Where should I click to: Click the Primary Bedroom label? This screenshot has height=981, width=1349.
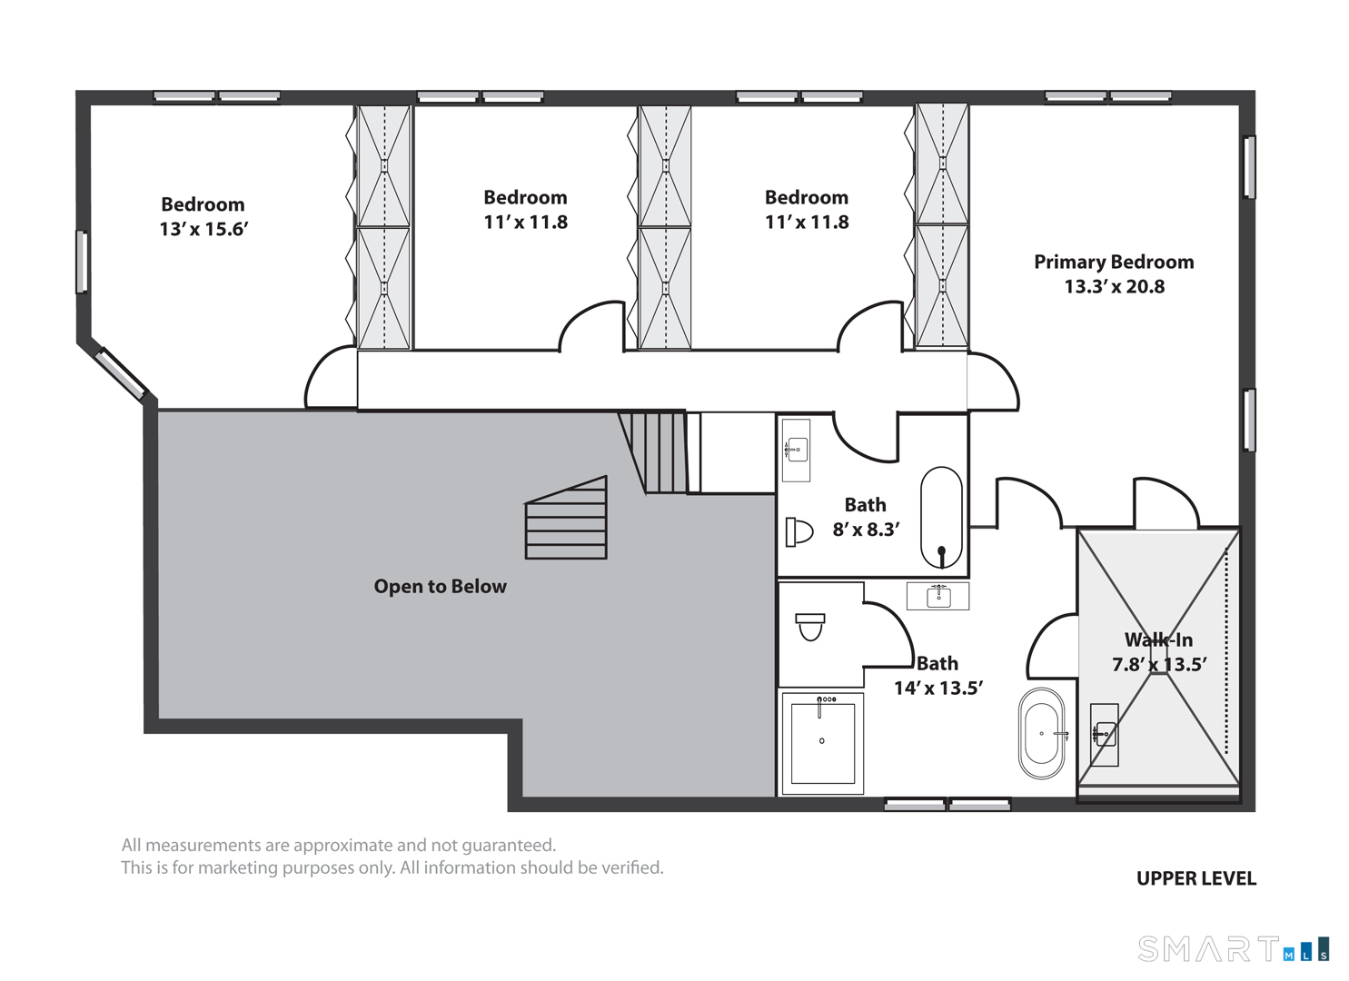click(x=1114, y=262)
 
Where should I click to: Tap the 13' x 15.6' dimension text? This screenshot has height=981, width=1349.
click(x=203, y=230)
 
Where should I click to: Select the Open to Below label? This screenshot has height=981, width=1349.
click(x=440, y=587)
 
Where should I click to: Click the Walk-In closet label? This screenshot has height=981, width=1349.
click(x=1159, y=639)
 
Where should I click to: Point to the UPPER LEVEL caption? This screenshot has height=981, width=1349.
click(x=1196, y=878)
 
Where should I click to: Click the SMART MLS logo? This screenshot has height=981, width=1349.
click(x=1233, y=949)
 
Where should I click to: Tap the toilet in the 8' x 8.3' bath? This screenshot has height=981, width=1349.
click(x=799, y=531)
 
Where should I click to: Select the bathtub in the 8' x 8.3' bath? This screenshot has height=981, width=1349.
click(x=941, y=518)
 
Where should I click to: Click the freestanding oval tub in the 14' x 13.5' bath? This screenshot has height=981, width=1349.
click(x=1041, y=734)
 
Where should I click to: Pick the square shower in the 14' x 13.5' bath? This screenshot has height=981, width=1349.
click(x=823, y=744)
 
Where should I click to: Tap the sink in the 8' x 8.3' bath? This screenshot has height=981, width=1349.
click(x=796, y=450)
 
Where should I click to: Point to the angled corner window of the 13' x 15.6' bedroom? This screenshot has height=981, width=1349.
click(x=122, y=373)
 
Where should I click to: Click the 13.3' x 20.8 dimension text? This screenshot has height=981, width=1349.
click(x=1114, y=287)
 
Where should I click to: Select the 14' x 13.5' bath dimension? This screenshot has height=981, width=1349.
click(x=938, y=688)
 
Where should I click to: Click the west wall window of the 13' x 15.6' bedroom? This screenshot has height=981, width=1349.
click(x=81, y=262)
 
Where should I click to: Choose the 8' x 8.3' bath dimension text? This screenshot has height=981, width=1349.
click(x=866, y=530)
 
